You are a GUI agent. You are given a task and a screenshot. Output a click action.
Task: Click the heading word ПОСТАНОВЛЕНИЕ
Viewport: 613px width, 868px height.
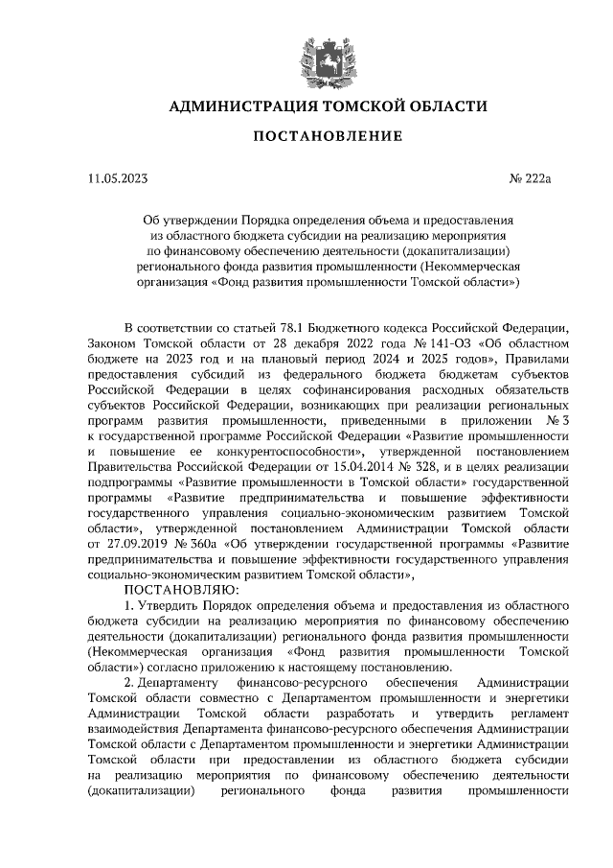(327, 136)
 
